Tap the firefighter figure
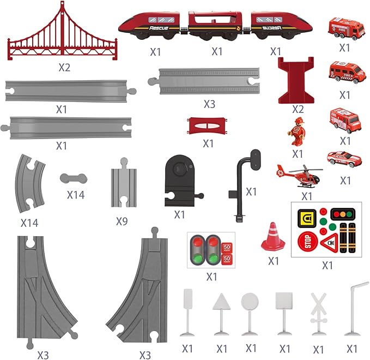click(x=297, y=131)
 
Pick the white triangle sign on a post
click(x=221, y=313)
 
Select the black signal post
click(x=240, y=185)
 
